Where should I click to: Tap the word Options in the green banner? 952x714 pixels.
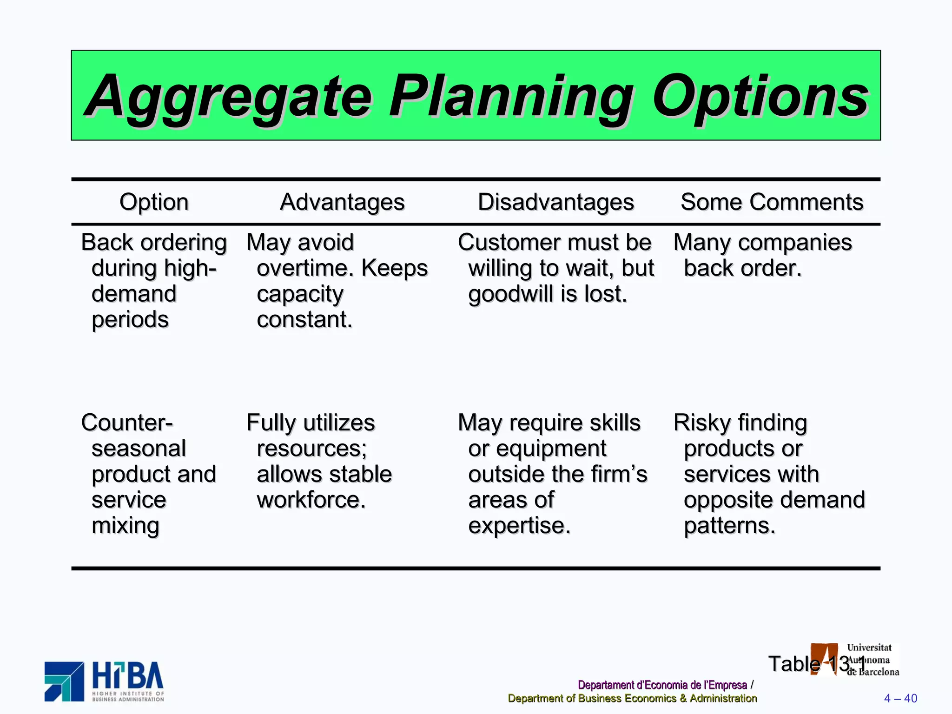[x=760, y=97]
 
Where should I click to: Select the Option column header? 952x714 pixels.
[x=154, y=202]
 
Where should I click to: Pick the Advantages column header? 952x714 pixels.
[x=342, y=202]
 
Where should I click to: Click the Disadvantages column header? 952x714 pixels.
[x=555, y=202]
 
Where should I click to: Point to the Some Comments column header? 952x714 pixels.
[x=772, y=202]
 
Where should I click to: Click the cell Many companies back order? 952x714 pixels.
[x=762, y=255]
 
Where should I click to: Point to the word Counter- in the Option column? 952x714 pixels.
[x=126, y=423]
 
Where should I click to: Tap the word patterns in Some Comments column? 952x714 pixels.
[x=729, y=526]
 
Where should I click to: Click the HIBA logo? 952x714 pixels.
[x=105, y=681]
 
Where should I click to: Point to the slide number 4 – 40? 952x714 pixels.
[x=900, y=698]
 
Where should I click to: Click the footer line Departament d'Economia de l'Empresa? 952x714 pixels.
[x=662, y=685]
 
